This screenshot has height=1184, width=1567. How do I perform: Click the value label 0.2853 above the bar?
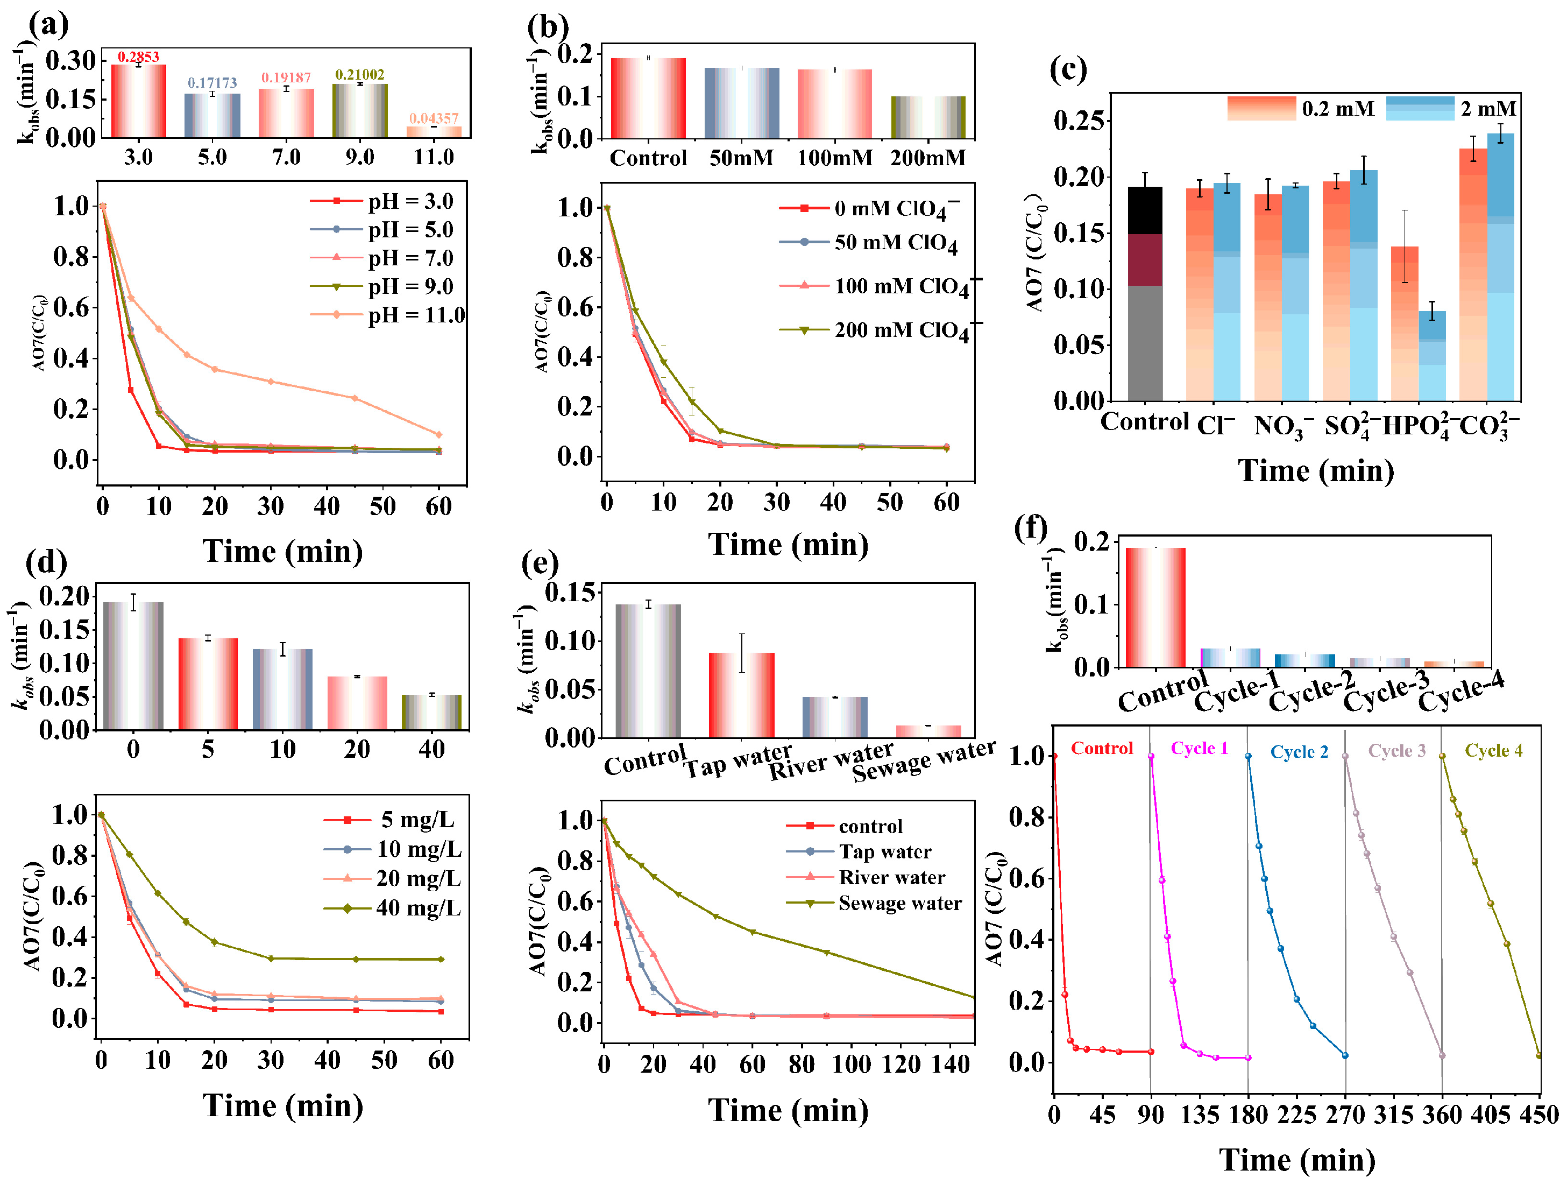click(x=138, y=57)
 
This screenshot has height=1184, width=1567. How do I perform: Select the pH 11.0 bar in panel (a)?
click(x=434, y=132)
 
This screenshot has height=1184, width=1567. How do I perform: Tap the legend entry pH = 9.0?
click(x=382, y=286)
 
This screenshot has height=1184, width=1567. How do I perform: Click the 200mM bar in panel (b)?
click(x=928, y=117)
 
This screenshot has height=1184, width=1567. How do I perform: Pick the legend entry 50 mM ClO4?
click(x=869, y=243)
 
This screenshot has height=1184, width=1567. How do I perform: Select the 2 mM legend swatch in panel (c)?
click(x=1420, y=108)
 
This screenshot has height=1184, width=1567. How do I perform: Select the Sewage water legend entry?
click(x=874, y=904)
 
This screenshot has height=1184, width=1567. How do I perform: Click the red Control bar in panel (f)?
click(x=1155, y=607)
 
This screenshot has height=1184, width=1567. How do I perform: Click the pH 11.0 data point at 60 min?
click(x=438, y=434)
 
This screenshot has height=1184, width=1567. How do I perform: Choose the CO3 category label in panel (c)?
click(x=1488, y=427)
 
